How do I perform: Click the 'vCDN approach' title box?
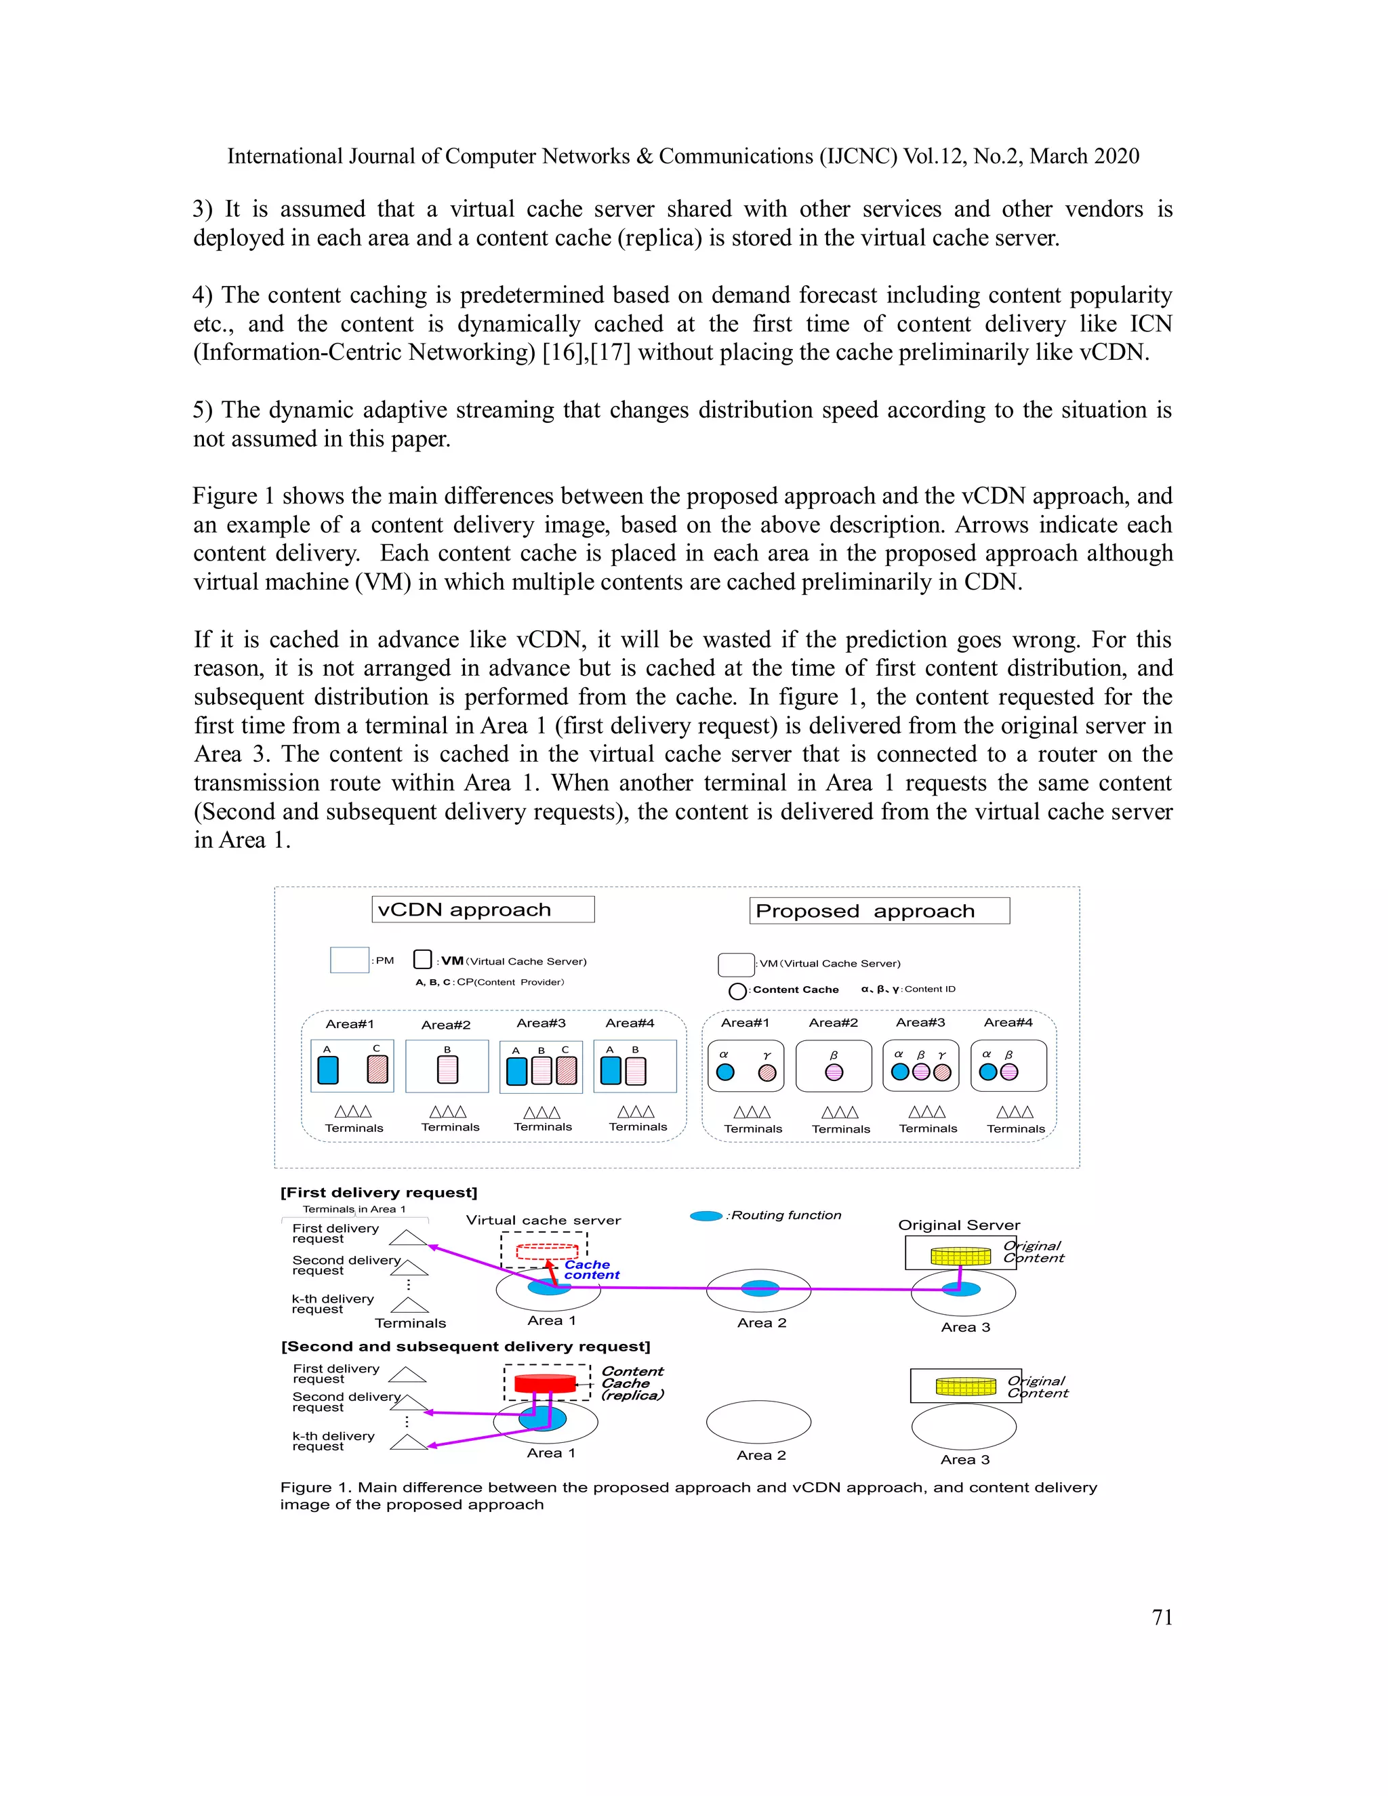click(x=483, y=910)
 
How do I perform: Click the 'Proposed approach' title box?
click(x=879, y=911)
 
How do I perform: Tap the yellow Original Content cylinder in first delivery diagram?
click(x=960, y=1256)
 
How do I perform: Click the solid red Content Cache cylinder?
click(x=545, y=1383)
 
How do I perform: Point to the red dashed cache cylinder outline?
click(x=547, y=1252)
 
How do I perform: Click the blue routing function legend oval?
click(x=706, y=1215)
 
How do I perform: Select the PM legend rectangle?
click(x=348, y=960)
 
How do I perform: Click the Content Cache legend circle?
click(x=737, y=991)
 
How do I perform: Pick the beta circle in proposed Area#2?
click(x=834, y=1072)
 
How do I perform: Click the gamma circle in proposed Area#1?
click(x=767, y=1072)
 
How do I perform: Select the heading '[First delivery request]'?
click(x=379, y=1192)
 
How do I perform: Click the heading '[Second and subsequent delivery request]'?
click(x=466, y=1346)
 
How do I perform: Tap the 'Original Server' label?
click(x=959, y=1225)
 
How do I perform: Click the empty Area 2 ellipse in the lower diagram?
click(x=758, y=1423)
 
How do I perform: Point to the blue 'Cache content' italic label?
click(x=590, y=1269)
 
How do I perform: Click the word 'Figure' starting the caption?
click(x=306, y=1488)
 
